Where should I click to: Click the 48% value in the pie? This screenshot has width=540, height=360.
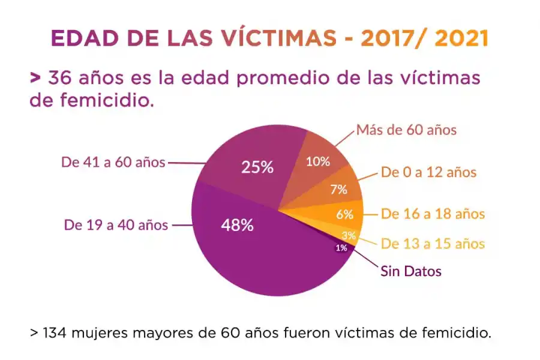(x=237, y=226)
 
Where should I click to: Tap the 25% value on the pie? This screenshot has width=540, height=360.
(x=257, y=167)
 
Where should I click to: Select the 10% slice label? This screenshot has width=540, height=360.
(x=318, y=161)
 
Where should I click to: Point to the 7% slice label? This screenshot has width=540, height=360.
(x=338, y=190)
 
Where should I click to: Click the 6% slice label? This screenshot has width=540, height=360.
(x=344, y=214)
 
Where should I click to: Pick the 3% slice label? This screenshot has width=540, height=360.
(x=349, y=235)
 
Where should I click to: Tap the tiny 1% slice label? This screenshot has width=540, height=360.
(x=341, y=247)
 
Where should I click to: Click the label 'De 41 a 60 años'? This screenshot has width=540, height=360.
(x=113, y=162)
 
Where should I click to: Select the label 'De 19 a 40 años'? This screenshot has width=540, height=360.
(x=116, y=226)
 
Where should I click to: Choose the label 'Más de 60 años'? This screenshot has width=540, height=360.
(x=406, y=130)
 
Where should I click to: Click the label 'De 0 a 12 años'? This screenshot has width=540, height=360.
(x=428, y=173)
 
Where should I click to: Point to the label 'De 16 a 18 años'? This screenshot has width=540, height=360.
(x=433, y=214)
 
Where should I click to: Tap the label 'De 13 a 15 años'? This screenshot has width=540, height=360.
(x=433, y=244)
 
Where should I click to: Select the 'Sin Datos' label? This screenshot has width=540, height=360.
(x=411, y=271)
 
